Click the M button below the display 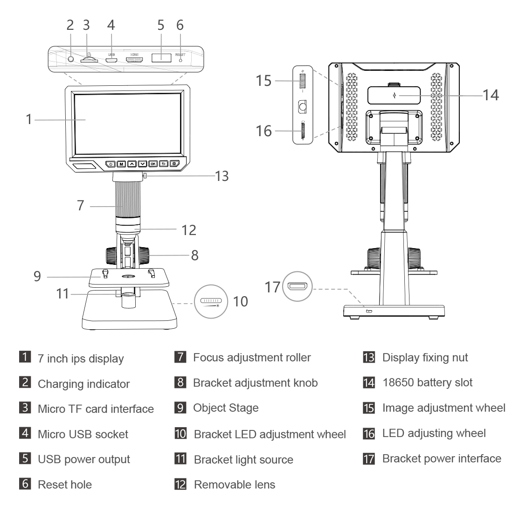[121, 164]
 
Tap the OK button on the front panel [153, 164]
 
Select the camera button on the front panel [174, 164]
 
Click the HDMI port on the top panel [134, 60]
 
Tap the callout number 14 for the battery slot [490, 95]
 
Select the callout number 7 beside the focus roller [81, 205]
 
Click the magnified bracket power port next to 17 [297, 286]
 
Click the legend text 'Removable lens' [234, 484]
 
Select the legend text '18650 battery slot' [427, 383]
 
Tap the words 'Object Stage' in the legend [226, 408]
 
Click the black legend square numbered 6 [29, 484]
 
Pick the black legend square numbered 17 [368, 458]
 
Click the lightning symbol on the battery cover [395, 96]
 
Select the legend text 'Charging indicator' [83, 384]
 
